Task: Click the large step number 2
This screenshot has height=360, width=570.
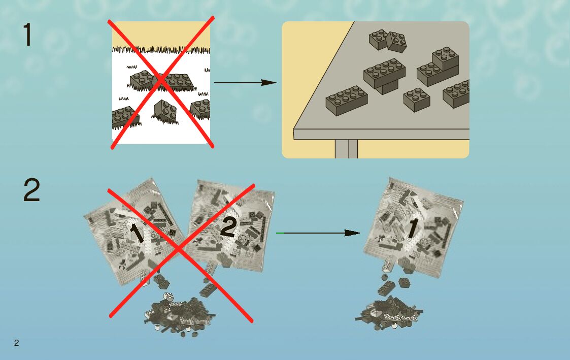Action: tap(31, 191)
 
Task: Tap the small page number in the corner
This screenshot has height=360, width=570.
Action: tap(16, 343)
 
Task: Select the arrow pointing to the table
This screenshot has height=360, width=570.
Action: tap(245, 82)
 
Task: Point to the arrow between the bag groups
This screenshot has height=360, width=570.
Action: tap(318, 233)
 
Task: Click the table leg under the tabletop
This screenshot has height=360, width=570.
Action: tap(346, 149)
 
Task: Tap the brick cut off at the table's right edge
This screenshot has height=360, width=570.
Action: tap(457, 93)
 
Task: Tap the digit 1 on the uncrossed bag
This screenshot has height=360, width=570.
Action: tap(412, 228)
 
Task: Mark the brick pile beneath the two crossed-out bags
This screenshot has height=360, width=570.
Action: tap(178, 312)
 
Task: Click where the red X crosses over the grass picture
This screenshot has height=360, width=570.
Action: tap(161, 81)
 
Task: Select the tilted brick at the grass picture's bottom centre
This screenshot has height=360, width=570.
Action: tap(165, 112)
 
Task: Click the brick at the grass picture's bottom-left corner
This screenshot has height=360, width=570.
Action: tap(123, 117)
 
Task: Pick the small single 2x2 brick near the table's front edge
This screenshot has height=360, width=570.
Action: tap(417, 99)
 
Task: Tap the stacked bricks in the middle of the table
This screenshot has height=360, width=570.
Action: tap(385, 75)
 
